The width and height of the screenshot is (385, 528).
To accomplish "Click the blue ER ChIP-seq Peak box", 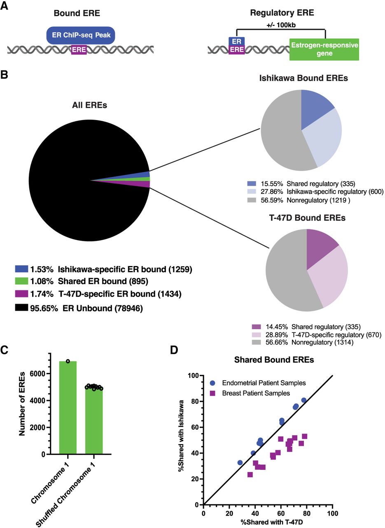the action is [80, 35].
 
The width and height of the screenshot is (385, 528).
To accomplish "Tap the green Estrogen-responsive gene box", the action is [324, 49].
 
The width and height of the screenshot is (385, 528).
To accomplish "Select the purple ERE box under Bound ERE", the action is [79, 50].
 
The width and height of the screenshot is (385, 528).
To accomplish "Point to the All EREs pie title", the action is [89, 105].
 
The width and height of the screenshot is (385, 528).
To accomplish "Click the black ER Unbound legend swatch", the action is [21, 308].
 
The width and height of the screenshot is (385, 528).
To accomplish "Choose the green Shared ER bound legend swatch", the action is [21, 281].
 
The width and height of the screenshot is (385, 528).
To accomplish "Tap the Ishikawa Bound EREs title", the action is [303, 78].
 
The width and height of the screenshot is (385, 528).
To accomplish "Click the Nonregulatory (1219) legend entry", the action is [318, 200].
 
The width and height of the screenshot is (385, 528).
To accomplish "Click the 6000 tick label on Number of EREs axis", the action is [38, 374].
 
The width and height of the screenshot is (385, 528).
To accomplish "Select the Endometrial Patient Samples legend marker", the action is [213, 383].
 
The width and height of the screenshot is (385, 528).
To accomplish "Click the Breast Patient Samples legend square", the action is [213, 393].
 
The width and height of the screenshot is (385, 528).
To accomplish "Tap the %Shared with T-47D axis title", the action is [268, 522].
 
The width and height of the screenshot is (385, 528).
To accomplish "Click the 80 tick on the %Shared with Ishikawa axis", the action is [194, 401].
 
